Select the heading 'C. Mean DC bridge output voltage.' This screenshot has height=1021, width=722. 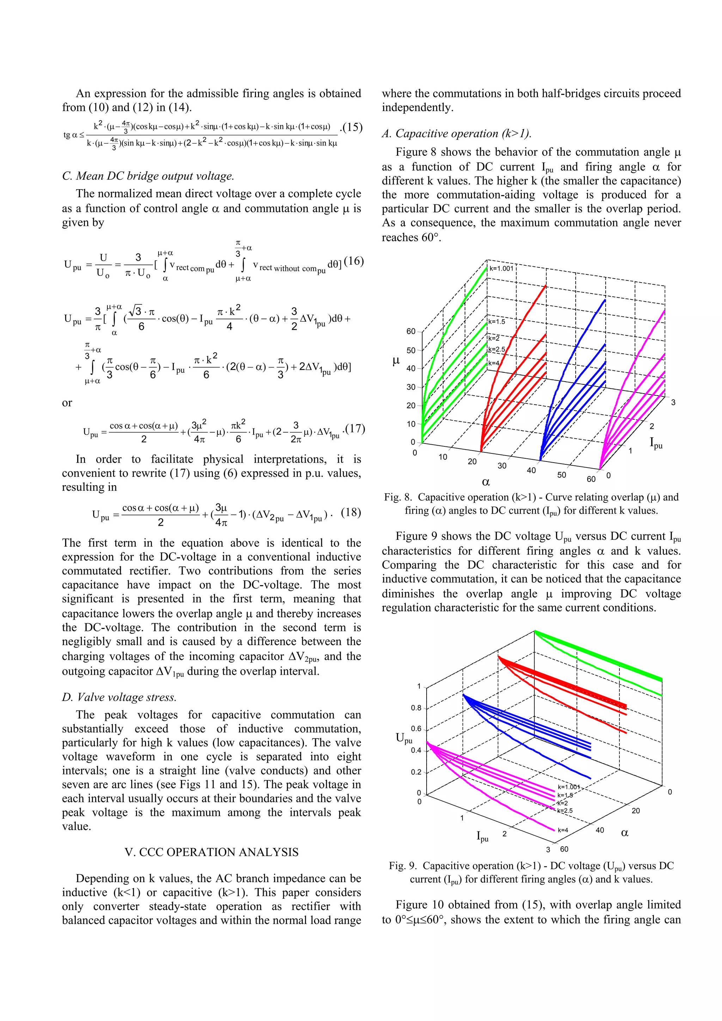pyautogui.click(x=148, y=176)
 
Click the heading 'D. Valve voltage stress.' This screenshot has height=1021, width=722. pyautogui.click(x=119, y=697)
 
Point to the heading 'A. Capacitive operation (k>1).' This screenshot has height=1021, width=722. pyautogui.click(x=457, y=134)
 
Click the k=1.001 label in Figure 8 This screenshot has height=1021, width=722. pyautogui.click(x=501, y=268)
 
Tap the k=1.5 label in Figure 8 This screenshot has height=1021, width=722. pyautogui.click(x=497, y=322)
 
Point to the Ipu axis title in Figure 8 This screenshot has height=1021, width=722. pyautogui.click(x=656, y=443)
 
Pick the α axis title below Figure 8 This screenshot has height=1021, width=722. pyautogui.click(x=486, y=482)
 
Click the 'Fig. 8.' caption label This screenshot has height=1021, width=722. pyautogui.click(x=398, y=497)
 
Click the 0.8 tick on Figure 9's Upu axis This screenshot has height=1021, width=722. pyautogui.click(x=416, y=708)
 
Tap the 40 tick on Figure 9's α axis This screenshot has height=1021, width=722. pyautogui.click(x=600, y=830)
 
